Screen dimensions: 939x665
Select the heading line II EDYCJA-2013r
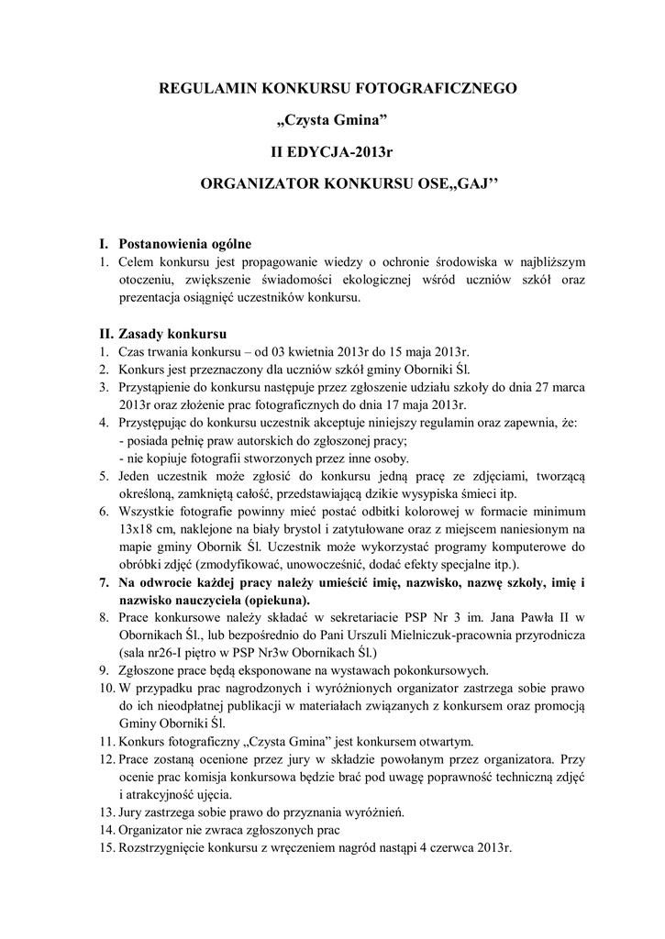[x=332, y=150]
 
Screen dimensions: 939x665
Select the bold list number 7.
[x=105, y=582]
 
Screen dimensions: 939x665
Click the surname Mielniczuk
[x=410, y=636]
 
